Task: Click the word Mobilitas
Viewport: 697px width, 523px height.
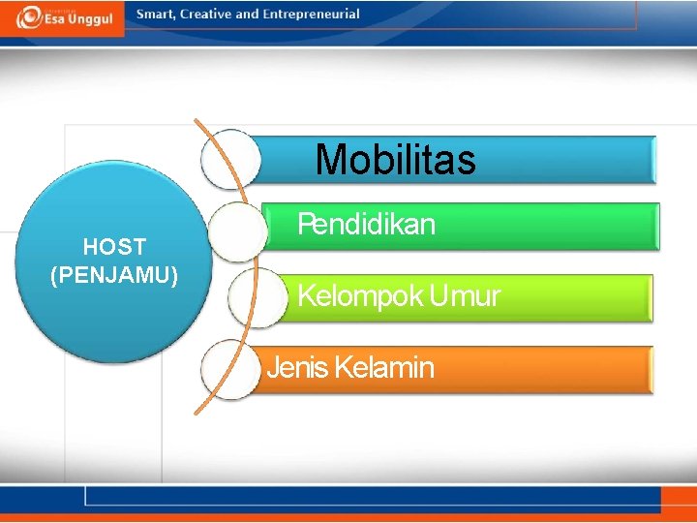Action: point(395,160)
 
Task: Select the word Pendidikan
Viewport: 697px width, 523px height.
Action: point(366,225)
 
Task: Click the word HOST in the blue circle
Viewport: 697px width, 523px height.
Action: point(114,247)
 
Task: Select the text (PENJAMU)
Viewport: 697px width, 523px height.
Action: point(114,275)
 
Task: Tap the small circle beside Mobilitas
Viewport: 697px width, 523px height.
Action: point(230,159)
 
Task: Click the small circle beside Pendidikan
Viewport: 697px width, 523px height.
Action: point(238,231)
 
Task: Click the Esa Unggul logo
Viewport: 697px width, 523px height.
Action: point(63,17)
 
